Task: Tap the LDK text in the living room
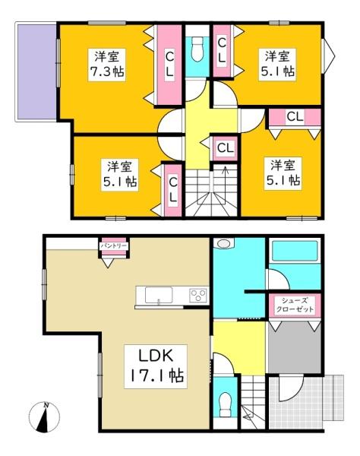pos(157,355)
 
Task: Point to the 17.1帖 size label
pos(157,375)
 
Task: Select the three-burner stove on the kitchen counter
pos(199,295)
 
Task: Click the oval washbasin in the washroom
pos(223,245)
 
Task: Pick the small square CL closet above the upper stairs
pos(225,147)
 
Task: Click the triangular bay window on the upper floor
pos(328,53)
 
